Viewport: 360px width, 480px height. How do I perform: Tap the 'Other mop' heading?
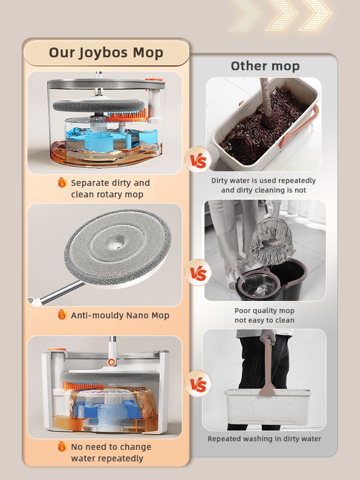265,66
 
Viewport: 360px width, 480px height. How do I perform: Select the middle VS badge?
198,273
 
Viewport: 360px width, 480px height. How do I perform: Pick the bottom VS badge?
198,384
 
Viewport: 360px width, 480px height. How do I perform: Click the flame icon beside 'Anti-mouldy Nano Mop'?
62,314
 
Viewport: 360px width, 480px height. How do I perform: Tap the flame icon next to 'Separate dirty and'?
62,182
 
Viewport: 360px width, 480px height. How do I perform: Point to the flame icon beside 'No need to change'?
62,446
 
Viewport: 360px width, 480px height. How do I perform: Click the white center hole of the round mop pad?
116,244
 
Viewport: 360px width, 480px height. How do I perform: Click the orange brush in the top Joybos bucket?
127,115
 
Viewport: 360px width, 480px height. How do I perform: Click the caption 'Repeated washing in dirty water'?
264,439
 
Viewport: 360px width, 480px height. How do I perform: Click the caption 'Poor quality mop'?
264,311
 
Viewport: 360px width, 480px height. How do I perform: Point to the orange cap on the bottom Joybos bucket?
57,349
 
